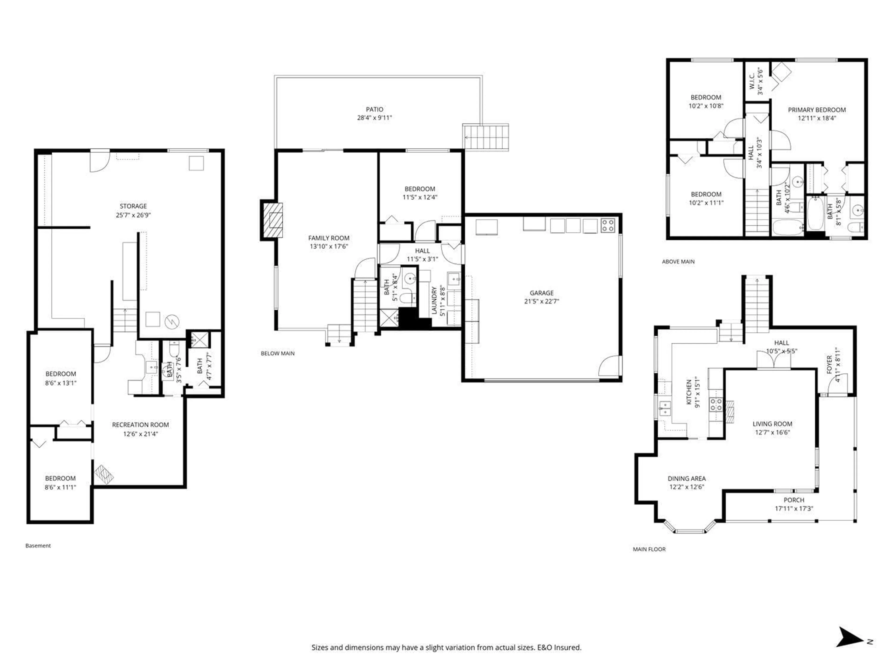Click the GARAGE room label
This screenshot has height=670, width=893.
(x=541, y=293)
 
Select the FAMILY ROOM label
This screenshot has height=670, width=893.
(x=329, y=238)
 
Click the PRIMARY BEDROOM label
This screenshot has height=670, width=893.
(x=817, y=110)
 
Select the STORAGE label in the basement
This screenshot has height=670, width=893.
(x=133, y=206)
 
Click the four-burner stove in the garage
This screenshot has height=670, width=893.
(x=608, y=225)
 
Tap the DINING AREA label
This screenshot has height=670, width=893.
(x=686, y=478)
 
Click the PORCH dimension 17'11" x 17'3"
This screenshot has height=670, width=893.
(x=794, y=509)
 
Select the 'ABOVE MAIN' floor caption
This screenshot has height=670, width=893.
(x=678, y=262)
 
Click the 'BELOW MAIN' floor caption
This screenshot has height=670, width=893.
(x=277, y=353)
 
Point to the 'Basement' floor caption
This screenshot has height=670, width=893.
(x=38, y=546)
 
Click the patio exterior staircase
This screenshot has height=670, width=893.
(x=486, y=137)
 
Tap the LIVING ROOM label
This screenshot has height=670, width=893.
(x=772, y=424)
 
